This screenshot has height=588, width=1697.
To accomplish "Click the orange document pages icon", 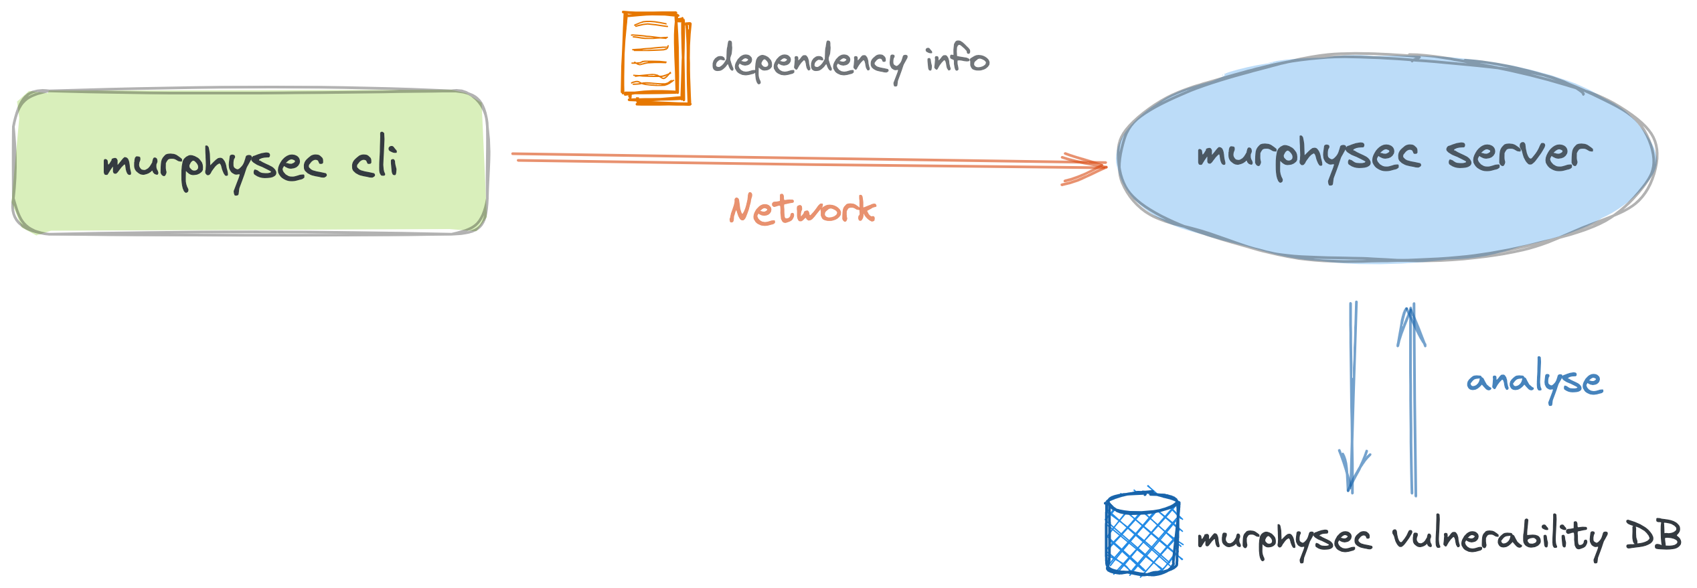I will [x=655, y=58].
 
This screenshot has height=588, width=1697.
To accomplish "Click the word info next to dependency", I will [x=957, y=58].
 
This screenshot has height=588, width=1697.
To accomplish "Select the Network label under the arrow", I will [x=802, y=210].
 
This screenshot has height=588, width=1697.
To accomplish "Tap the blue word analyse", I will [x=1534, y=381].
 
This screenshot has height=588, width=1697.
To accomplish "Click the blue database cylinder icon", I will [x=1142, y=534].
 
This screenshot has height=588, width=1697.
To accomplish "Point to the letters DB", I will [x=1653, y=536].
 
